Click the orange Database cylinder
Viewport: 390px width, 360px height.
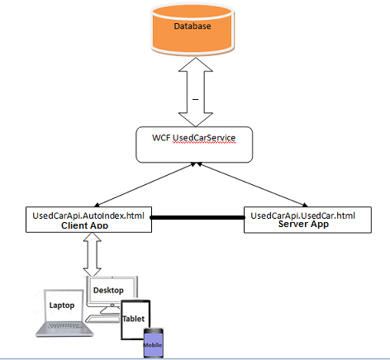[x=193, y=30]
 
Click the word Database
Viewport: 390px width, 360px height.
[x=193, y=26]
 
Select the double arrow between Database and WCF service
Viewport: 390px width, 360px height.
[x=196, y=92]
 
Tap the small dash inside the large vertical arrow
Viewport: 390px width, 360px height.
[x=195, y=99]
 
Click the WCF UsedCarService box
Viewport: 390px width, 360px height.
[x=194, y=144]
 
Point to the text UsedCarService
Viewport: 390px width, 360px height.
[x=204, y=138]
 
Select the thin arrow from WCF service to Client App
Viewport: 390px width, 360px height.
[x=145, y=184]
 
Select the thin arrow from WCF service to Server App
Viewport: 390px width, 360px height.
[x=252, y=184]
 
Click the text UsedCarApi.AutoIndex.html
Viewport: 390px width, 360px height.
[x=88, y=216]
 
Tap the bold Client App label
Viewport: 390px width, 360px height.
[x=84, y=225]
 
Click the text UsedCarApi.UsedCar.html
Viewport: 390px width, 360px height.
[x=303, y=216]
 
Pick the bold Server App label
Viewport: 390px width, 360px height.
[x=303, y=224]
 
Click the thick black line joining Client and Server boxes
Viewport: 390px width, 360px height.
[x=197, y=217]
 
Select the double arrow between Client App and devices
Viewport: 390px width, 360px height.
[x=93, y=254]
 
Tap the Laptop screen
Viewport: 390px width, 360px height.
[x=64, y=306]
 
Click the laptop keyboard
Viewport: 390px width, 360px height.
[x=65, y=326]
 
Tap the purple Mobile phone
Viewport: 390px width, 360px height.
[x=154, y=343]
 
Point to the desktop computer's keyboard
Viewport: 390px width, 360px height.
[x=102, y=320]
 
